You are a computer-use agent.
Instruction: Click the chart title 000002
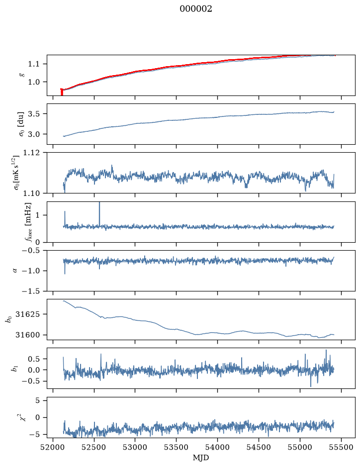pos(195,9)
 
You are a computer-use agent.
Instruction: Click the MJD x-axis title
pos(201,458)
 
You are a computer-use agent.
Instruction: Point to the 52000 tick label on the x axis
pos(53,447)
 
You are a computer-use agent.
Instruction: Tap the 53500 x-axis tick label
pos(177,447)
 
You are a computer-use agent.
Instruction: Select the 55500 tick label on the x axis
pos(341,447)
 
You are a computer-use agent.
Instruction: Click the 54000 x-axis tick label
pos(217,447)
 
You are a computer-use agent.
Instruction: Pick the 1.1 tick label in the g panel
pos(33,64)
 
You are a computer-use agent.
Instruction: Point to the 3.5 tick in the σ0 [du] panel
pos(33,114)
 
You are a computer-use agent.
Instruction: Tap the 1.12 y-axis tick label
pos(31,153)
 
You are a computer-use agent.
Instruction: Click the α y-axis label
pos(15,271)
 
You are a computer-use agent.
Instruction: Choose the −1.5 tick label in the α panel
pos(31,291)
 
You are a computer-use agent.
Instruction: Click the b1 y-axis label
pos(14,368)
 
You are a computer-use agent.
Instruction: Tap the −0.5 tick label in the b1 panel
pos(31,381)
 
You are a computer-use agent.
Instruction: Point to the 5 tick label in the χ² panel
pos(37,400)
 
